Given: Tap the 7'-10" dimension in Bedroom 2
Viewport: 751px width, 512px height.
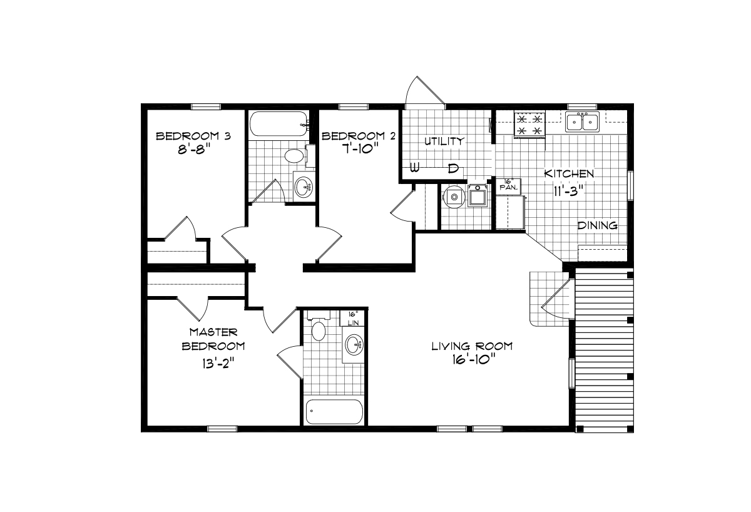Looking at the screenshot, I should [x=358, y=151].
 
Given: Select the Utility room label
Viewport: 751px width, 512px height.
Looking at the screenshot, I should [x=444, y=141].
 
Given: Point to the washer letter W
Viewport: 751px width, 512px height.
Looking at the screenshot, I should [x=414, y=168].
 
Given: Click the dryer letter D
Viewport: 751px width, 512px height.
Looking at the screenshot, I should [x=454, y=168].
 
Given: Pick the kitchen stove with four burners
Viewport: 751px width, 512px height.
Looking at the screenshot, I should [x=528, y=123].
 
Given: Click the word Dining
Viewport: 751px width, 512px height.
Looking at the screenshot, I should [x=597, y=225].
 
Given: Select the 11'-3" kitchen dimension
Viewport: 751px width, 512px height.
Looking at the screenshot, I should [x=568, y=191].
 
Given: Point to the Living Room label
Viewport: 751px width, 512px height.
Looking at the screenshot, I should [x=472, y=346].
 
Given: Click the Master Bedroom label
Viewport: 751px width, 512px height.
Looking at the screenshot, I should [x=213, y=339].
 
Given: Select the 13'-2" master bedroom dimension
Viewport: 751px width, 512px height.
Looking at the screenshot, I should [x=214, y=362].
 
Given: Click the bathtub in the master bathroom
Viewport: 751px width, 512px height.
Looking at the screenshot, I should [x=334, y=411].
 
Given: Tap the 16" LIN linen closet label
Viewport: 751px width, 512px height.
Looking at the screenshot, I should [x=352, y=317].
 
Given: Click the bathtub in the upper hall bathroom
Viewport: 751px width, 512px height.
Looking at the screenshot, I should [x=278, y=124].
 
